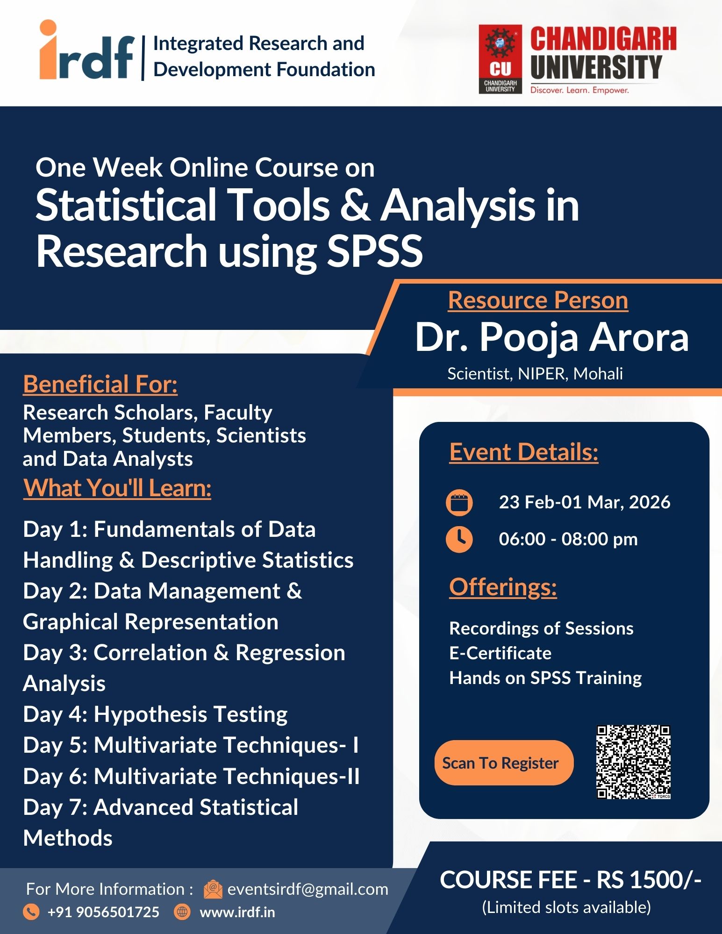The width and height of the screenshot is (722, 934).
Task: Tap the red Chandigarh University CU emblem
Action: (500, 59)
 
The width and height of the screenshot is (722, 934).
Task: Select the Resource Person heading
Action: (538, 300)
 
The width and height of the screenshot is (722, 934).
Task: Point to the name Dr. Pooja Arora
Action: (552, 337)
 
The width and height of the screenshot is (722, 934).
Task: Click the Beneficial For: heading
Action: (100, 385)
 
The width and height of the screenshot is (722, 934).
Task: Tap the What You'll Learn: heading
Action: (117, 488)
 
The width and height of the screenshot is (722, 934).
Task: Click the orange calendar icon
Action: (459, 503)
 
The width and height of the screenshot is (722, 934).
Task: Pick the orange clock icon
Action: (459, 539)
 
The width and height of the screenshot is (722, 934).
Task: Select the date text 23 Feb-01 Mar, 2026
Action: (585, 502)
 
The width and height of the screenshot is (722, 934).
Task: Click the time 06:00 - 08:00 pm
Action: (568, 539)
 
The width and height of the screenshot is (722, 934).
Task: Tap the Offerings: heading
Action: (503, 587)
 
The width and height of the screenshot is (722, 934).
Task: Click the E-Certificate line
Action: (500, 653)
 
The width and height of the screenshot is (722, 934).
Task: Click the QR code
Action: (634, 762)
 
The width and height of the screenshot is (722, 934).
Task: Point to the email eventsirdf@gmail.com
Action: (307, 889)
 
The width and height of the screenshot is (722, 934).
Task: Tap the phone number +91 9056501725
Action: (103, 912)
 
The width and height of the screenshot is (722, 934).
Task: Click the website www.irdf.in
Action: (237, 912)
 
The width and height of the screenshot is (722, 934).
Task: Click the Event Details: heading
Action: (524, 452)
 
